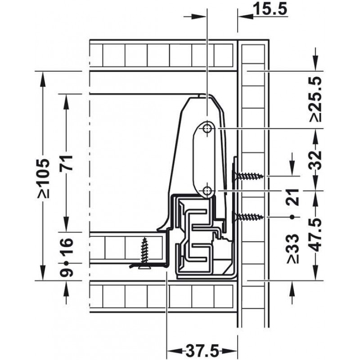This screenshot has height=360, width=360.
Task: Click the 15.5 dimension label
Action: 270,9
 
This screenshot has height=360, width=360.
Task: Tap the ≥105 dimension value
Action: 43,178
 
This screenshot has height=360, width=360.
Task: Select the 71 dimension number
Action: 66,162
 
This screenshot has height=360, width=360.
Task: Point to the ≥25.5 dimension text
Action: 315,99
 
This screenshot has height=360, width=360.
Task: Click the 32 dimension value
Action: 315,160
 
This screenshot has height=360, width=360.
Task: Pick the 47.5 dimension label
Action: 315,234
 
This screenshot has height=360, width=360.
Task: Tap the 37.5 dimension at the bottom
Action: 202,351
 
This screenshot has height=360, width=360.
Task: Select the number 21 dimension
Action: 292,197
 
